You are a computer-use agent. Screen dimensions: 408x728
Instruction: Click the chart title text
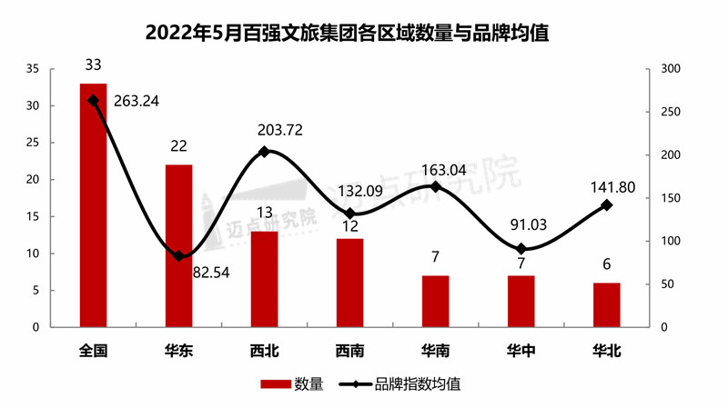[364, 34]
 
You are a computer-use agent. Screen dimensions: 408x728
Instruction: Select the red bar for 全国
[94, 204]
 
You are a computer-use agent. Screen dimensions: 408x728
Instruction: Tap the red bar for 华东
[179, 245]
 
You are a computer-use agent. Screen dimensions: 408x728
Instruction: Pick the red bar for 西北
[265, 278]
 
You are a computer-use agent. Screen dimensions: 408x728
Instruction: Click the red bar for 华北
[607, 304]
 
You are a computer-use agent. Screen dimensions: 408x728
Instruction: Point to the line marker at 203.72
[265, 152]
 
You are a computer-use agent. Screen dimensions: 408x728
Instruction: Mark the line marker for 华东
[179, 256]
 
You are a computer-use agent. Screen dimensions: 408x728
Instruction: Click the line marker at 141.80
[607, 205]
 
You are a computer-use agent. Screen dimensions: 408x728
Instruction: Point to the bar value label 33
[93, 65]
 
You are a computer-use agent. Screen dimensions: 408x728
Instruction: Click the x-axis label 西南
[349, 350]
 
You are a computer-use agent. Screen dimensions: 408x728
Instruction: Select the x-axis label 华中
[521, 350]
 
